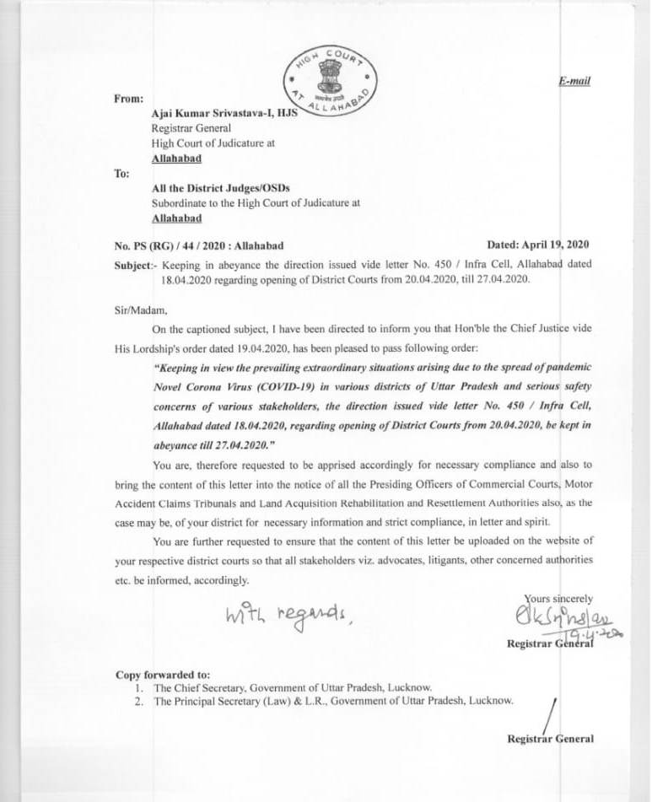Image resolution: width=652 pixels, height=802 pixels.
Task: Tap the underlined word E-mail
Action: pos(574,81)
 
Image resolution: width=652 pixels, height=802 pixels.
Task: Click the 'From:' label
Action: pos(128,99)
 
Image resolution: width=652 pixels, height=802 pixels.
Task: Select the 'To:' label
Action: pos(121,174)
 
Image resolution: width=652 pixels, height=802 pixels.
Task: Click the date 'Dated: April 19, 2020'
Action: pos(538,245)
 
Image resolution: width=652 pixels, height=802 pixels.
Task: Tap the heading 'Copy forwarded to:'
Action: pos(163,675)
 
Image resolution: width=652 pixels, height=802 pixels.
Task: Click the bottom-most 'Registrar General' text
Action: pos(550,739)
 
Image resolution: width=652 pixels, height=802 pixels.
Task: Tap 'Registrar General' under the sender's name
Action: pos(185,129)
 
